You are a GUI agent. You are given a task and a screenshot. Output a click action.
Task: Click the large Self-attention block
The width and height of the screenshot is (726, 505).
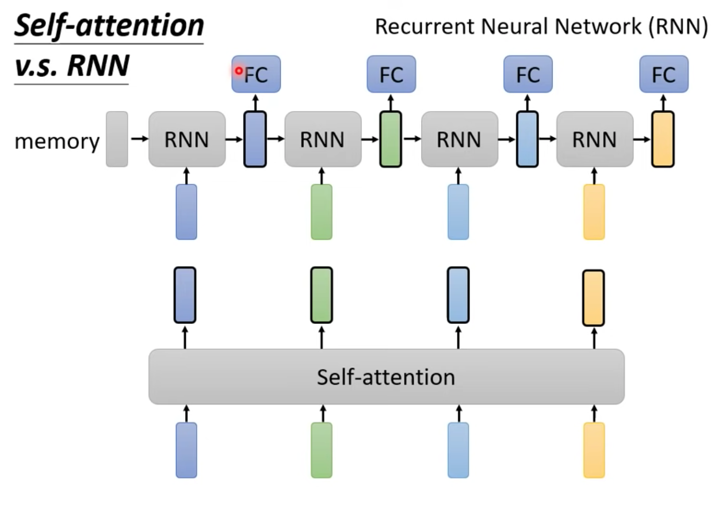(387, 377)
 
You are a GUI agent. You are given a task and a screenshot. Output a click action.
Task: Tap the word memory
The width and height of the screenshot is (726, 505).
(57, 141)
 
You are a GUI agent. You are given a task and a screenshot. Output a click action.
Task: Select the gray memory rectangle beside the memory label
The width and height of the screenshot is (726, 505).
(117, 139)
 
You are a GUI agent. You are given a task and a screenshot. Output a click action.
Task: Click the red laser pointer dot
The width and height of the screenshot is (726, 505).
(239, 71)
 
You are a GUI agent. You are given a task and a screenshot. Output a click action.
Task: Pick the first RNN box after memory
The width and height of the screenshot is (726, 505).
(187, 139)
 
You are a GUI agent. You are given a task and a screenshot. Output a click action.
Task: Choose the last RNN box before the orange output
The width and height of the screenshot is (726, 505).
(595, 139)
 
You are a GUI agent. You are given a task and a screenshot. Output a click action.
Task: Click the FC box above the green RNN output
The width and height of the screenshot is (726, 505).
(391, 74)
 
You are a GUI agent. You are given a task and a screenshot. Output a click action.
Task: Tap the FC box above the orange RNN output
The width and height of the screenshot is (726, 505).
(664, 74)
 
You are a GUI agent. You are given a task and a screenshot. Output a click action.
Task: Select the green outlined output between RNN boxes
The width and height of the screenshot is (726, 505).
(391, 139)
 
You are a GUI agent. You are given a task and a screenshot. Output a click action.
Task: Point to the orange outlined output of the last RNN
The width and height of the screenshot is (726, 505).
(663, 139)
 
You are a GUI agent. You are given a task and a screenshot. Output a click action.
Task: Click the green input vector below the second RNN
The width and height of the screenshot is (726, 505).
(322, 212)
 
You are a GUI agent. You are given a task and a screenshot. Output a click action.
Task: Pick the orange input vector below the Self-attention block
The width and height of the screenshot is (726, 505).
(594, 450)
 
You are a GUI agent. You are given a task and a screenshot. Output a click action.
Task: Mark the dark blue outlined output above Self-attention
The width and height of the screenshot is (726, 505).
(185, 295)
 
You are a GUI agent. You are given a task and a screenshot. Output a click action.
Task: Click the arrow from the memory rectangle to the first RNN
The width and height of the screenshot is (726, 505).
(139, 139)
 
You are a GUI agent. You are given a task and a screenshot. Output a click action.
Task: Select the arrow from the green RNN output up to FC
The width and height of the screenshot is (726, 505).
(391, 102)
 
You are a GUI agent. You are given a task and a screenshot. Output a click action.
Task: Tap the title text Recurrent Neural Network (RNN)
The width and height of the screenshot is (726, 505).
(541, 26)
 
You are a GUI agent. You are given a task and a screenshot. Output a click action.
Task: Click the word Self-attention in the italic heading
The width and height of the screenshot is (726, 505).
(109, 26)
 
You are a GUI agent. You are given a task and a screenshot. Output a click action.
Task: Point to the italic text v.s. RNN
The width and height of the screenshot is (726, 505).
(72, 66)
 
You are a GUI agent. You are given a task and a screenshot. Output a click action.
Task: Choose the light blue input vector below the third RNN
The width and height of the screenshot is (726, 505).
(458, 212)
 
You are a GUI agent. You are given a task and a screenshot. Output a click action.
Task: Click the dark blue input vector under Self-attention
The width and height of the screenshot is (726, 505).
(186, 450)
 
